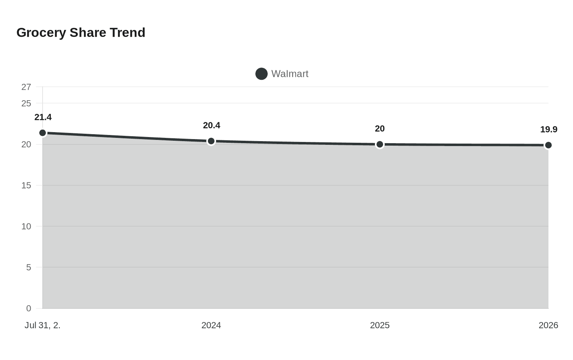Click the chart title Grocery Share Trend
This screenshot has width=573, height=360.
[x=81, y=32]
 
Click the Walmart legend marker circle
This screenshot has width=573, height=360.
[x=262, y=74]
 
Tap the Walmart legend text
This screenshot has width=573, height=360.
[x=289, y=74]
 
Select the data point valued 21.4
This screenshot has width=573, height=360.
[x=43, y=133]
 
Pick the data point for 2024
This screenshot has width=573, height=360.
[x=211, y=141]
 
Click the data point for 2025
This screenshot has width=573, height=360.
[x=380, y=144]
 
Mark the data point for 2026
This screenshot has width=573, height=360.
[x=548, y=145]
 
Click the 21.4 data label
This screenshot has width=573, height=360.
[x=43, y=117]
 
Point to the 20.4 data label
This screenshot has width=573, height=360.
[x=212, y=126]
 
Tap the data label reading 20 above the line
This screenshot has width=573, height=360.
[x=380, y=129]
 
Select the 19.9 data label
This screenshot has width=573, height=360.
[x=548, y=130]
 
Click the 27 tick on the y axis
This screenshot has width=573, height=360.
[x=26, y=87]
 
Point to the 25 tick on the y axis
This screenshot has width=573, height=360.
[x=26, y=103]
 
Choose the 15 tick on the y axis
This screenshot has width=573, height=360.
[x=26, y=185]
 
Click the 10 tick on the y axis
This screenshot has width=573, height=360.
[x=26, y=226]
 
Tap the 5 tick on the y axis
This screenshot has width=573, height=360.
[x=29, y=267]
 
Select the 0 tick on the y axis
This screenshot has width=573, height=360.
[x=29, y=308]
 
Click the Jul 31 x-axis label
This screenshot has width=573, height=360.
[x=43, y=325]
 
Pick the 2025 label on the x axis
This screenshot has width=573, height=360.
[x=380, y=325]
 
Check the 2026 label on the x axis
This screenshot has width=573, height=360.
[x=548, y=325]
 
